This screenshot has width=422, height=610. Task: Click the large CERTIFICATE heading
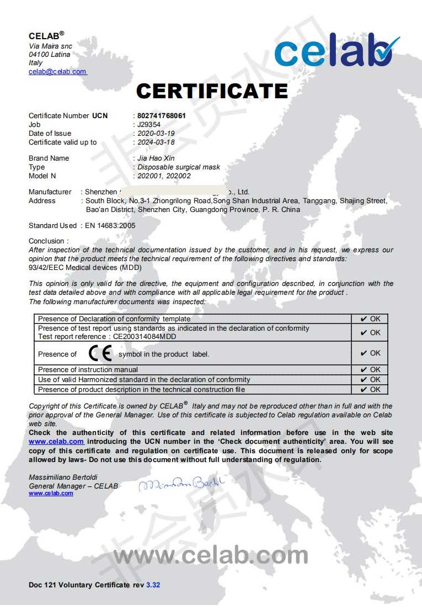(212, 91)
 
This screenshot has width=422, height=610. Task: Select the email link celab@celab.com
(57, 72)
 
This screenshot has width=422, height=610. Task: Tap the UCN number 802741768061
(162, 116)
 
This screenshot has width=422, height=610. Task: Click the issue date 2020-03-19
(156, 134)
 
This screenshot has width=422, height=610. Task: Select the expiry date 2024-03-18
(156, 142)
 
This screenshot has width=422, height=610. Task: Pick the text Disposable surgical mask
(179, 167)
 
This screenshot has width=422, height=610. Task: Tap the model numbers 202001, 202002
(164, 176)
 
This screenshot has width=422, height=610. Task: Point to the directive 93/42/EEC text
(85, 268)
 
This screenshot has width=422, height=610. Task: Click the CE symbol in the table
(100, 353)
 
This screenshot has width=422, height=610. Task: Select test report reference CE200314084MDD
(145, 336)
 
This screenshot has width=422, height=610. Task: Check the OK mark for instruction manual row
(370, 370)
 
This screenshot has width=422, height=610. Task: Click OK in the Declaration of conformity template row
(370, 319)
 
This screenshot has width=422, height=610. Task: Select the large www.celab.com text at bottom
(211, 555)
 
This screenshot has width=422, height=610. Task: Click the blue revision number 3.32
(153, 585)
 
